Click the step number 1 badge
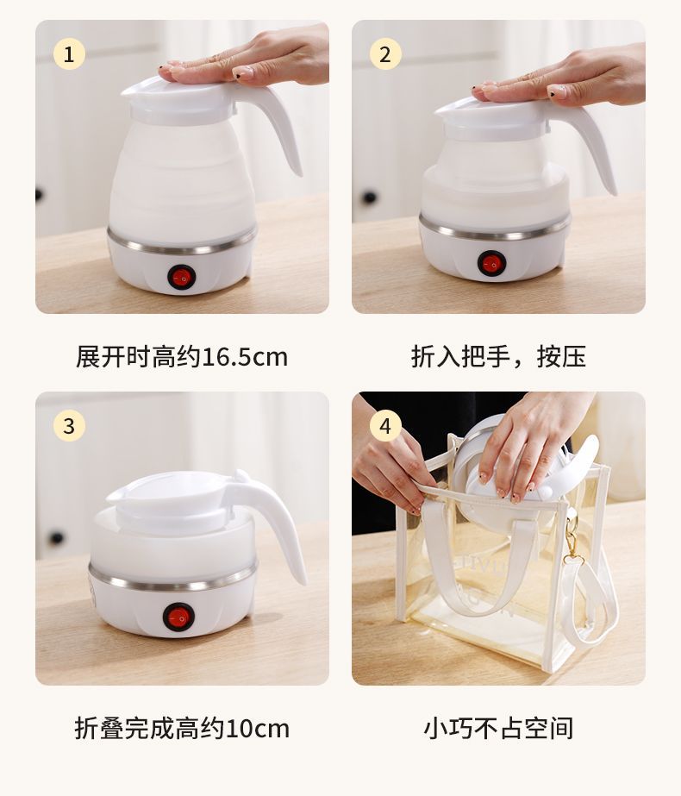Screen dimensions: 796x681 tap(69, 54)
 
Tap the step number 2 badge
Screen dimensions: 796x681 tap(385, 54)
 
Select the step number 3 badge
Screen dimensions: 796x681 tap(69, 426)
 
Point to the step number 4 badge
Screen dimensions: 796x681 tap(385, 426)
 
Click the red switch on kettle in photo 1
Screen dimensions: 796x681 tap(182, 277)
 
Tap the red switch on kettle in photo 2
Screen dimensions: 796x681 tap(491, 263)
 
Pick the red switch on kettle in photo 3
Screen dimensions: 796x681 tap(178, 616)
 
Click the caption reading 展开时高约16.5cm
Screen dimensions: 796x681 tap(182, 356)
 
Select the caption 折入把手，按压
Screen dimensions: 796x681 tap(498, 356)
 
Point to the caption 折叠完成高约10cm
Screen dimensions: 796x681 tap(182, 728)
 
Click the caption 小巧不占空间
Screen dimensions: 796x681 tap(498, 728)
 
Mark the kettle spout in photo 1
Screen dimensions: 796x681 tap(132, 88)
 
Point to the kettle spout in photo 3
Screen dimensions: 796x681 tap(116, 492)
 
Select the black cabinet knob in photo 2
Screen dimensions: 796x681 tap(371, 197)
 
